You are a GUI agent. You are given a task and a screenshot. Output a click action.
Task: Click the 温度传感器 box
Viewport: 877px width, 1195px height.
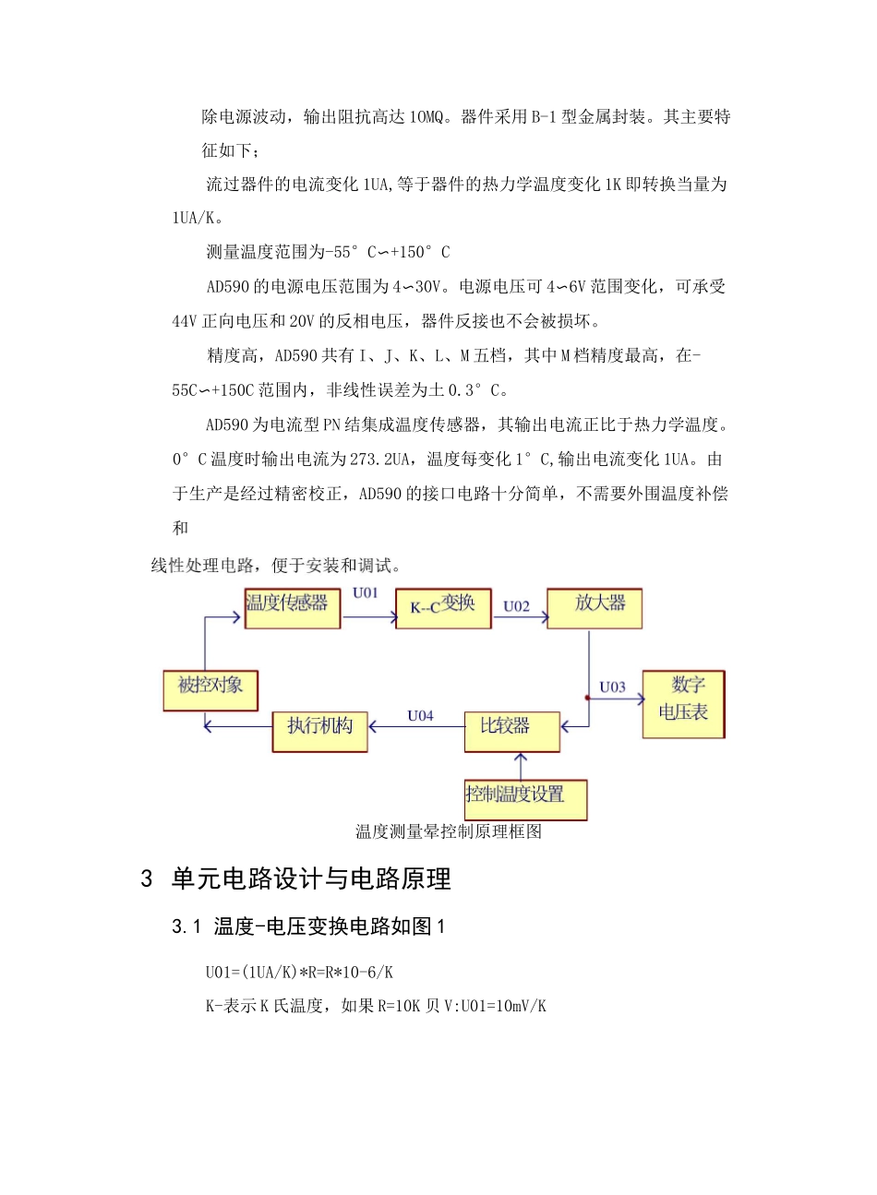[x=292, y=608]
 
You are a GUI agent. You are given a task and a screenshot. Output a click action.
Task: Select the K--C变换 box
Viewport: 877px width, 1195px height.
[x=443, y=608]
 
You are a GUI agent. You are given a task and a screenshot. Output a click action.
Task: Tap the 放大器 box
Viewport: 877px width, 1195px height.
[x=595, y=608]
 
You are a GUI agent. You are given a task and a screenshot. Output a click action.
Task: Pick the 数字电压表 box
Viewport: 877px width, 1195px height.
[x=683, y=703]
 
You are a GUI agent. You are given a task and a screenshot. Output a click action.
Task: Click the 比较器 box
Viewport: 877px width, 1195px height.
[x=511, y=731]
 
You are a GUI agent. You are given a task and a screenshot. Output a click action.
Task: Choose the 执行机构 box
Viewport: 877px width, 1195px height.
[x=320, y=731]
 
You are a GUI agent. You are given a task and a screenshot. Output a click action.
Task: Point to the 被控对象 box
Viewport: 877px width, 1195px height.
[x=210, y=690]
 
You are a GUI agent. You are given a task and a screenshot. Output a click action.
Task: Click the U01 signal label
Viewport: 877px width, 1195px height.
[x=366, y=593]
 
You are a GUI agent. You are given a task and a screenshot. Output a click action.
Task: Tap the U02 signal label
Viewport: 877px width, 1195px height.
[x=517, y=606]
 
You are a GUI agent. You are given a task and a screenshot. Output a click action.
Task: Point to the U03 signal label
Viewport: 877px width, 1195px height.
[x=612, y=687]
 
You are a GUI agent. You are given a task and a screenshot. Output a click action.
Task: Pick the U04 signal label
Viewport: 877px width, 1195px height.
[x=420, y=715]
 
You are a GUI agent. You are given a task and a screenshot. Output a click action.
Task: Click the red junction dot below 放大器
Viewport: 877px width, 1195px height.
[x=588, y=698]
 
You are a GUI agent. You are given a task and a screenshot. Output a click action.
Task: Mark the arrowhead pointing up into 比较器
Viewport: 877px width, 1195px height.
[x=522, y=759]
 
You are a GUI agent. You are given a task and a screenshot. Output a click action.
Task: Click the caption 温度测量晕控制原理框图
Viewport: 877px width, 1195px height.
[x=449, y=831]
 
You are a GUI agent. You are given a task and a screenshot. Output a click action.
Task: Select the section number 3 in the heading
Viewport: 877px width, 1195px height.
[x=146, y=878]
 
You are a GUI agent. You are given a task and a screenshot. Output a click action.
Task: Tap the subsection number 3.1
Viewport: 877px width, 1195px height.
[x=186, y=926]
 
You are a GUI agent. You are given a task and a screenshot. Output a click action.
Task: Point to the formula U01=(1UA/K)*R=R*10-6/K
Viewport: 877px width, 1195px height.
[x=300, y=972]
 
